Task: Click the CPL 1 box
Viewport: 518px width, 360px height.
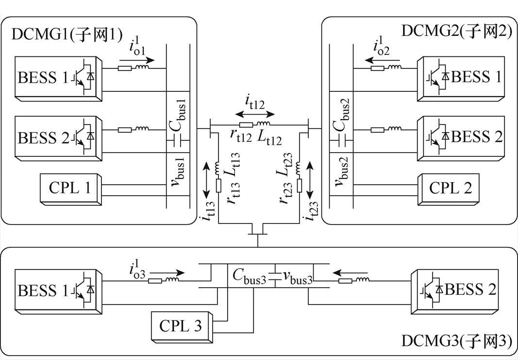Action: coord(70,188)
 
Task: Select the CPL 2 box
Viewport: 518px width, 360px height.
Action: coord(451,188)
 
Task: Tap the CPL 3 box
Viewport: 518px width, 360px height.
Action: coord(180,325)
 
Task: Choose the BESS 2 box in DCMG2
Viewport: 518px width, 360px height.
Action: coord(462,137)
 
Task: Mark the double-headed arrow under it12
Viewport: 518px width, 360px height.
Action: coord(254,114)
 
